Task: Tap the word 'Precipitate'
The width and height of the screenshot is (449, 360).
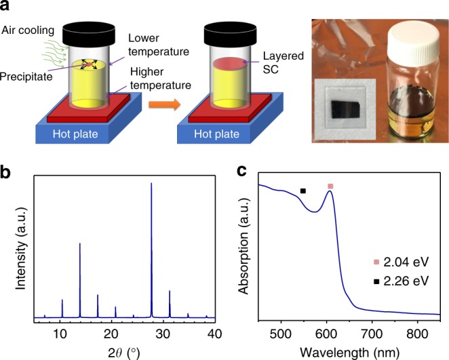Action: (x=26, y=75)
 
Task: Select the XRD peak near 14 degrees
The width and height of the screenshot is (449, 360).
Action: (x=80, y=244)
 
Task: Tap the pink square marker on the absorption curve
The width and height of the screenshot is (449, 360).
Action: (x=330, y=186)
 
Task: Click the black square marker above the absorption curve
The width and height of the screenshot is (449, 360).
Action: (x=303, y=191)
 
